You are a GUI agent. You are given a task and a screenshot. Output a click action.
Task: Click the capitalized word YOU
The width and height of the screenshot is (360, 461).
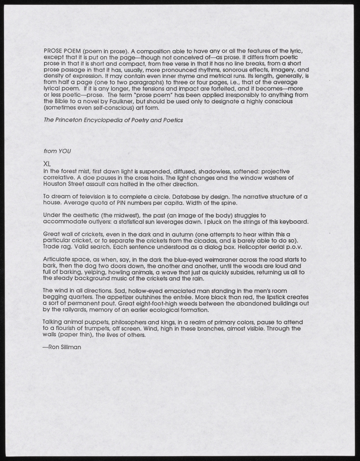(x=64, y=150)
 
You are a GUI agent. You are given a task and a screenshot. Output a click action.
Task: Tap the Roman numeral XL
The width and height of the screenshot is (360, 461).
(x=47, y=164)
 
